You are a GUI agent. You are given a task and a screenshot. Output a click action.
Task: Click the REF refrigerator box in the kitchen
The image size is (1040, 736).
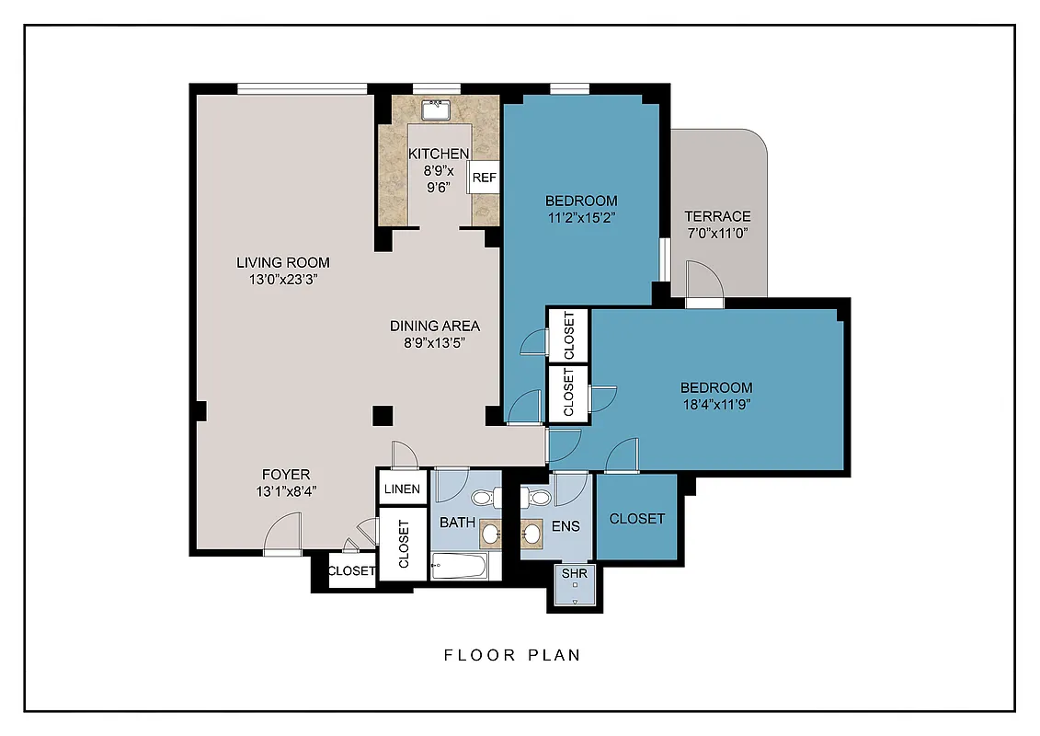click(484, 178)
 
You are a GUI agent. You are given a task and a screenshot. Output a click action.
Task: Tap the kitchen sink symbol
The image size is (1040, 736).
click(436, 111)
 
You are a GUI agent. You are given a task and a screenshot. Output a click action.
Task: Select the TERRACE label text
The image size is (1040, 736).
click(717, 216)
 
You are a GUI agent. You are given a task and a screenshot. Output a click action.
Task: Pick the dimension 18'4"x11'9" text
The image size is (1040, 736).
click(716, 406)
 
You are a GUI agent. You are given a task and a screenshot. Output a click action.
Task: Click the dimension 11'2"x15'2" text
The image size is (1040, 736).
click(581, 218)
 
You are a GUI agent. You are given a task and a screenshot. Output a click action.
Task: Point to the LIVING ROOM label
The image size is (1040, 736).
click(282, 262)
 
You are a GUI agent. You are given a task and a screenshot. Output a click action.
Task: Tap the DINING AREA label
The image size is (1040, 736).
click(435, 326)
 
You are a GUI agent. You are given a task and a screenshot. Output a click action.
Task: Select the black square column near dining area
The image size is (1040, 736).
click(383, 415)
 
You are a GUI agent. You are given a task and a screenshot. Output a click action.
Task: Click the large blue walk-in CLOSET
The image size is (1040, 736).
click(636, 518)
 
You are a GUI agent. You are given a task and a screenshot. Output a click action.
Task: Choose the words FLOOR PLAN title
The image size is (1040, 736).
click(512, 655)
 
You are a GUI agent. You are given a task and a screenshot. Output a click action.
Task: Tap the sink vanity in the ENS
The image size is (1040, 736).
click(531, 532)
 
